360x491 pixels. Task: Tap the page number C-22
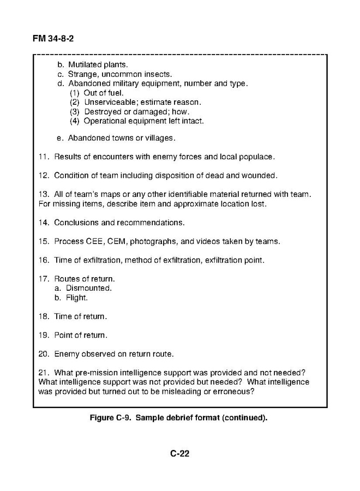(180, 454)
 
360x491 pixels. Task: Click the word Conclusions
(77, 223)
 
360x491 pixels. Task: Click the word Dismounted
(89, 288)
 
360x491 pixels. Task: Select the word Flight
(77, 298)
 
